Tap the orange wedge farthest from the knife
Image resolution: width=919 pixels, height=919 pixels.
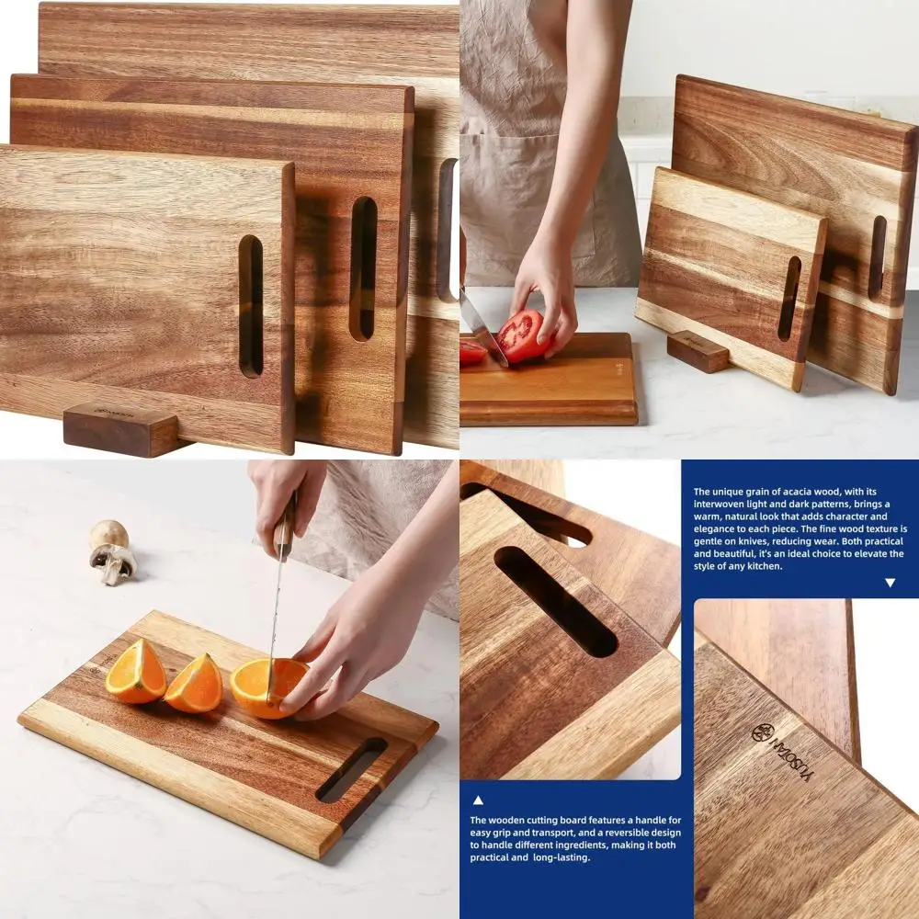(x=135, y=672)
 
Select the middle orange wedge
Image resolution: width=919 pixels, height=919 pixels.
(x=195, y=685)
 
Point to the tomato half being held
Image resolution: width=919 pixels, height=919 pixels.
(x=524, y=335)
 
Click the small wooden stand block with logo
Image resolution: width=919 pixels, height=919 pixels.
(x=120, y=428)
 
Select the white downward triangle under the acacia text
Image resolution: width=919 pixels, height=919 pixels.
(x=890, y=583)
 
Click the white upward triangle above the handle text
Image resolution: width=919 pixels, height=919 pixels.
(x=478, y=800)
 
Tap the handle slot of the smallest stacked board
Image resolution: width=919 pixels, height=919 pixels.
(x=251, y=306)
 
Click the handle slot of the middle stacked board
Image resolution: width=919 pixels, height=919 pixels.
(x=363, y=268)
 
